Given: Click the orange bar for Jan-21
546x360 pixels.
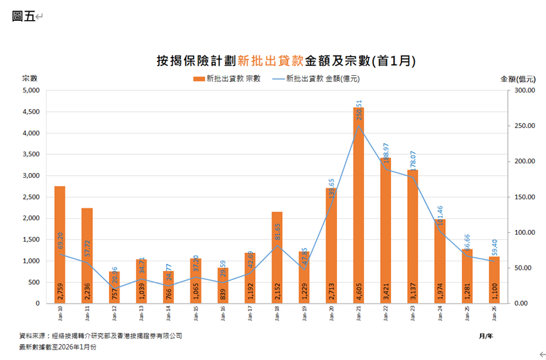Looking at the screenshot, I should coord(358,208).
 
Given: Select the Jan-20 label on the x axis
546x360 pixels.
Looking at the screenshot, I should coord(331,316).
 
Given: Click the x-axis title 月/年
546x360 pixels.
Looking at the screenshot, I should coord(486,336).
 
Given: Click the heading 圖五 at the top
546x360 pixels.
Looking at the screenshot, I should coord(23,16).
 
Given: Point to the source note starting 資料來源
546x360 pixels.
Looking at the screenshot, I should coord(101,335).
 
